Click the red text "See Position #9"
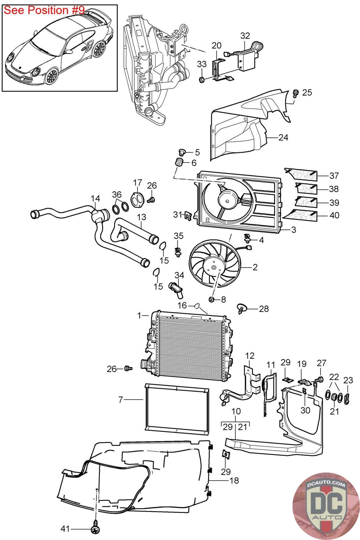(x=44, y=10)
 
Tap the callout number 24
(x=283, y=137)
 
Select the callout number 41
(x=65, y=529)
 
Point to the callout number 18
(x=234, y=481)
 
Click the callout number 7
(x=121, y=400)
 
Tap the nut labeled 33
(x=202, y=79)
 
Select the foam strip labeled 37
(x=301, y=174)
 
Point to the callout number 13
(x=141, y=217)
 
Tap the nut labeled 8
(x=212, y=299)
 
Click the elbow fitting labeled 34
(x=176, y=289)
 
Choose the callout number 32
(x=245, y=36)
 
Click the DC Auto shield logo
(x=326, y=506)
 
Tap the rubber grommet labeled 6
(x=179, y=162)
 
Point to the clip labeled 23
(x=347, y=399)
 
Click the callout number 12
(x=250, y=356)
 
